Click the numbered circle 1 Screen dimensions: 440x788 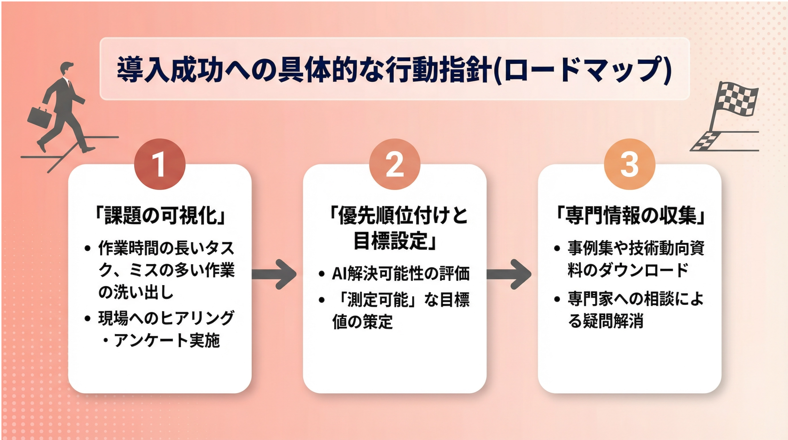[x=160, y=164]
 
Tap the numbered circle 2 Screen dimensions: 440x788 [x=394, y=164]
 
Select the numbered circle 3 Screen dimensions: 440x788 [x=629, y=164]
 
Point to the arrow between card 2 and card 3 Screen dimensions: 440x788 [x=509, y=274]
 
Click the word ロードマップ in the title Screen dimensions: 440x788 [x=583, y=71]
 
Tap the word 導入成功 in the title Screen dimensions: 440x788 [x=170, y=71]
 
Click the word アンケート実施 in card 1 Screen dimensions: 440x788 [x=167, y=340]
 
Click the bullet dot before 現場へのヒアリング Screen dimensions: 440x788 [x=88, y=318]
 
